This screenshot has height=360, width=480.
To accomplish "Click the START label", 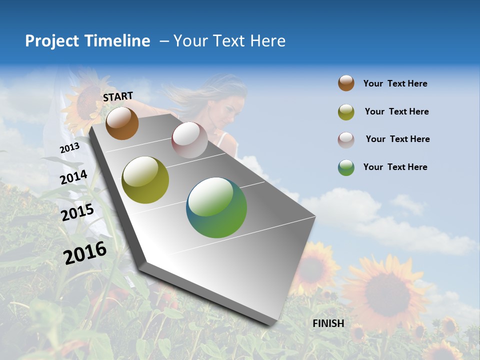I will click(x=118, y=96).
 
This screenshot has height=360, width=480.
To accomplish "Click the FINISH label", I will click(x=328, y=323).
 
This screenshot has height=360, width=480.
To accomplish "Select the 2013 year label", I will click(x=69, y=148).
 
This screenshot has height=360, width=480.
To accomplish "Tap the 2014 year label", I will click(x=73, y=177).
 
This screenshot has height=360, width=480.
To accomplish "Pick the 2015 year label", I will click(x=77, y=212).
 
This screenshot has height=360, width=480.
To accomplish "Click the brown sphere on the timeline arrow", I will click(x=122, y=123).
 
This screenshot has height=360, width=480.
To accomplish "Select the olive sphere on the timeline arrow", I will click(x=145, y=180).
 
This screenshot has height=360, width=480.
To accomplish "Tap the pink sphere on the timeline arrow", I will click(x=189, y=140).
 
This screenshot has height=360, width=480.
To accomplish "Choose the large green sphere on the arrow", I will click(x=216, y=207).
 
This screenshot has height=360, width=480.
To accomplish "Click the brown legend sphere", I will click(x=346, y=83).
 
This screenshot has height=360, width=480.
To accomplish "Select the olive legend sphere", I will click(x=346, y=112).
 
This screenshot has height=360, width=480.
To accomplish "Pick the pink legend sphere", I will click(x=346, y=139).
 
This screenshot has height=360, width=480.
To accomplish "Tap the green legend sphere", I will click(x=346, y=167).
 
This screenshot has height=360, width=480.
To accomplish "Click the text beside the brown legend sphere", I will click(x=395, y=84).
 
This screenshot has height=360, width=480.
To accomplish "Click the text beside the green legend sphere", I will click(x=395, y=167).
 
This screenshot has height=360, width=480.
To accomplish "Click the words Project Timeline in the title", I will click(x=87, y=41).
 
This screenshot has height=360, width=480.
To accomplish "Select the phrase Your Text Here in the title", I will click(x=229, y=41).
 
